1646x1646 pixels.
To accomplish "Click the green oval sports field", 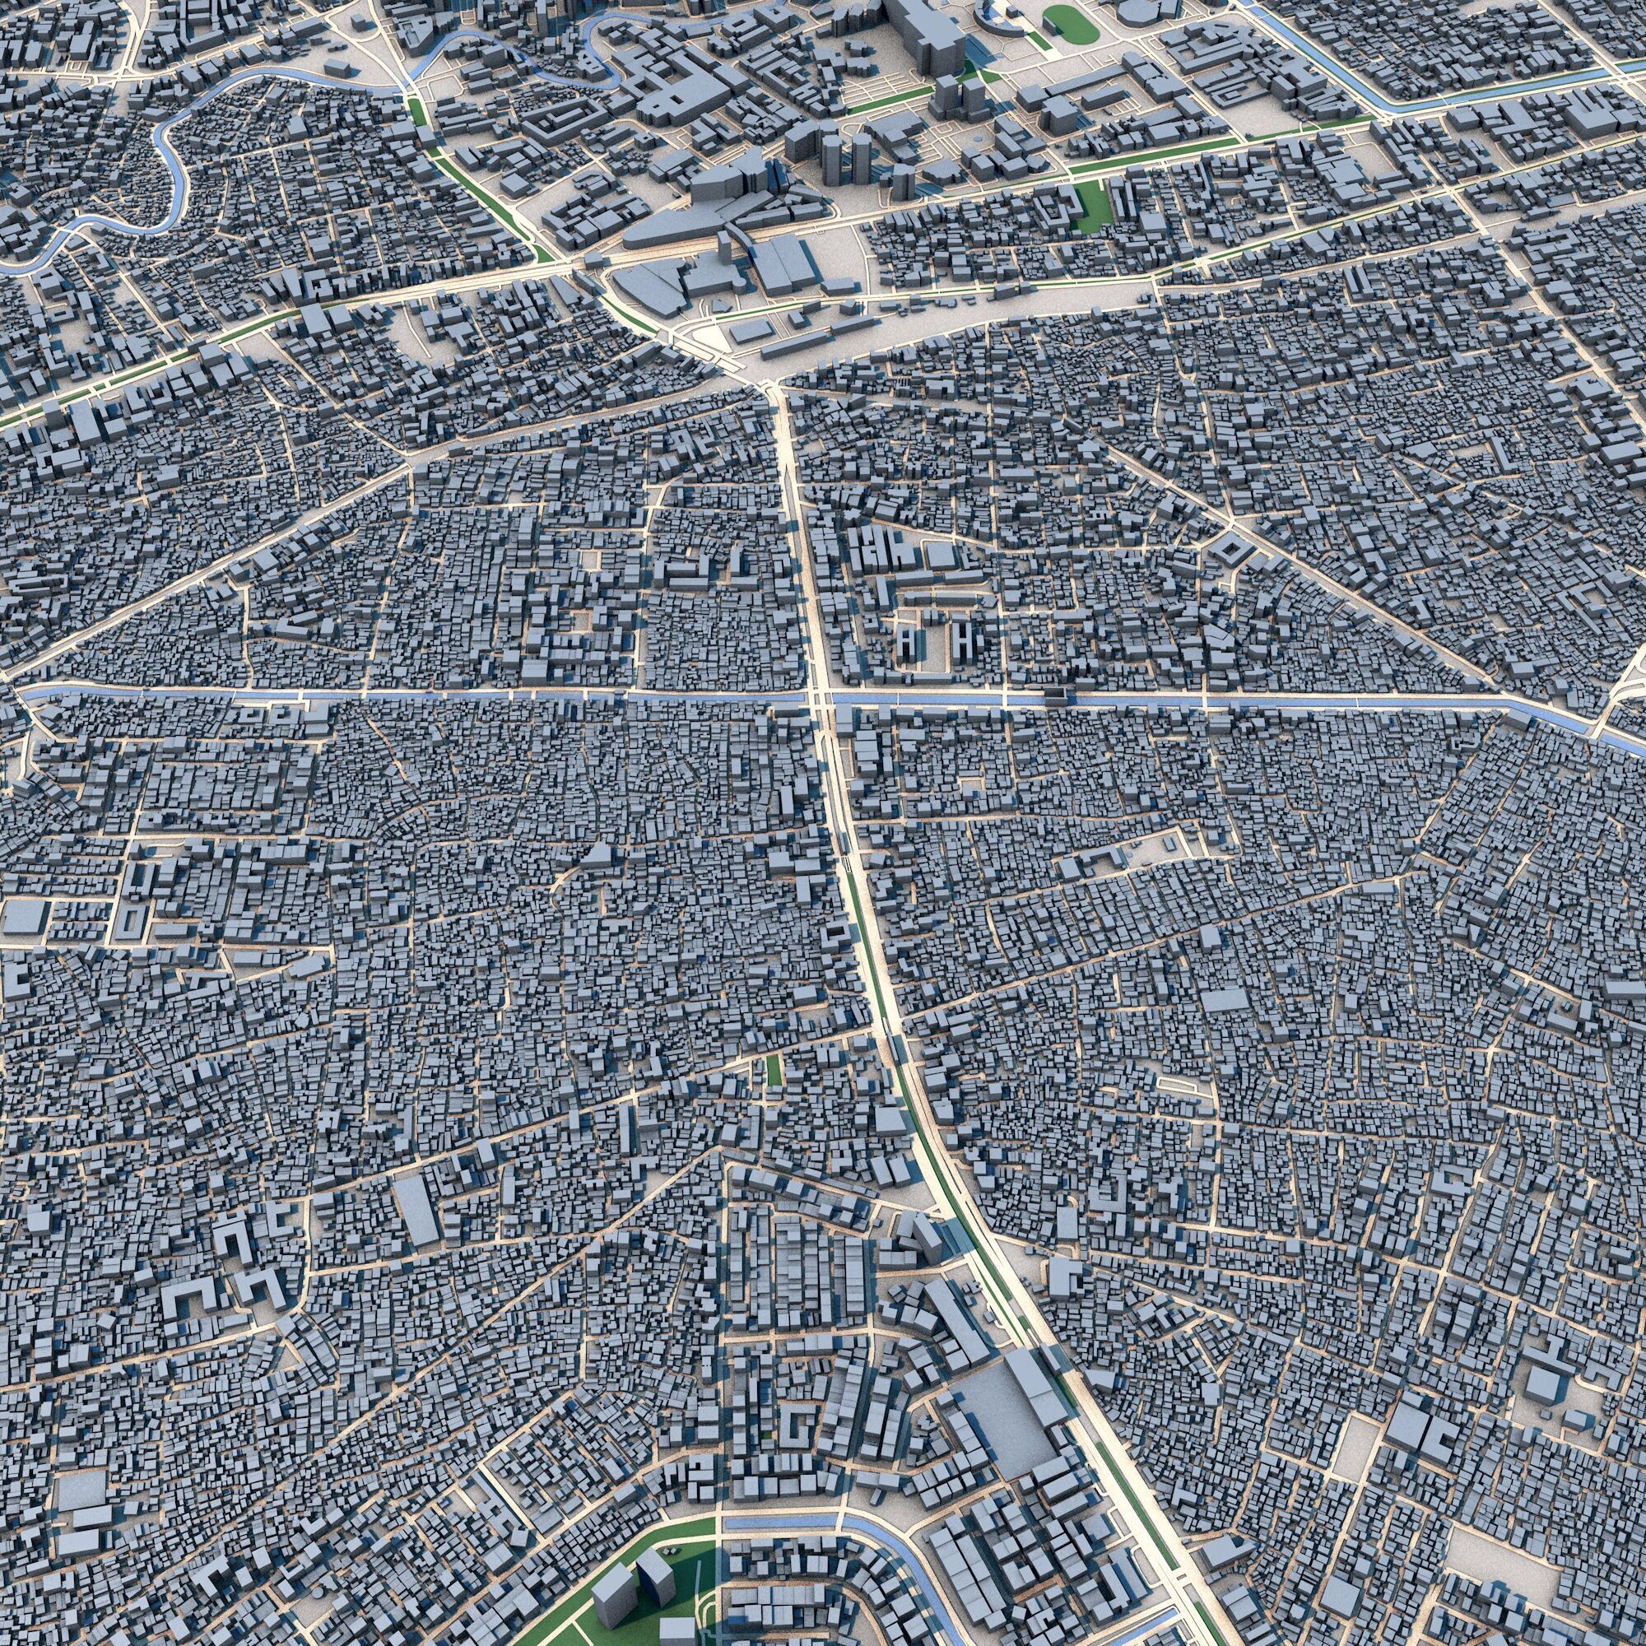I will tap(1071, 24).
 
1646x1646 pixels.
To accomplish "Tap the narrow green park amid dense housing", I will tap(774, 1071).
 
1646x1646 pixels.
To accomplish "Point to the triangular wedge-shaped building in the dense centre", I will tap(601, 854).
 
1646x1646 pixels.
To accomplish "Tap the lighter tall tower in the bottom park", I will tap(611, 1546).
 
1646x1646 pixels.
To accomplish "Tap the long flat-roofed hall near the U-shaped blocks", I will tap(416, 1210).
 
